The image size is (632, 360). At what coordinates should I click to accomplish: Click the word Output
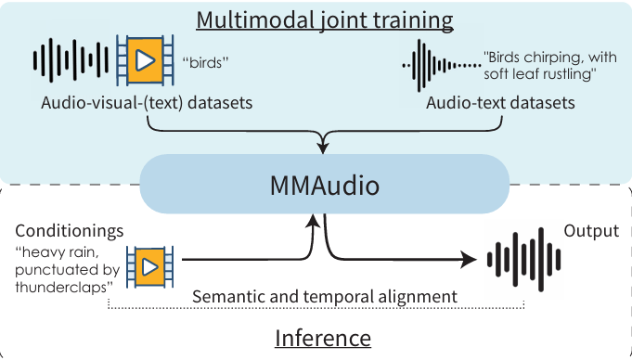591,230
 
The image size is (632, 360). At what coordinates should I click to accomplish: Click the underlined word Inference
323,338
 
